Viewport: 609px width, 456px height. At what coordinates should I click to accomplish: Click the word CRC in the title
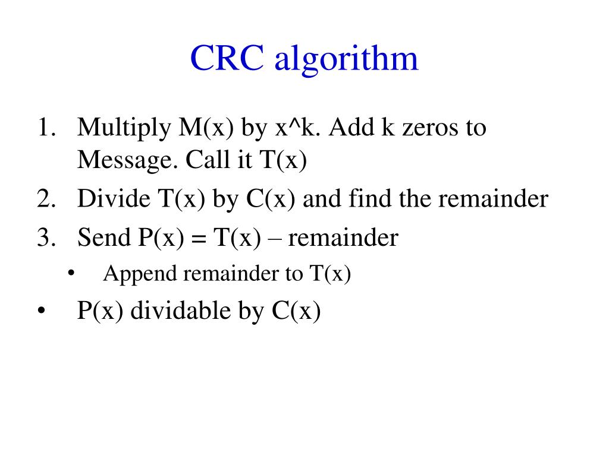coord(227,59)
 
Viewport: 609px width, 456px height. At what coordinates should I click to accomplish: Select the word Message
coord(124,160)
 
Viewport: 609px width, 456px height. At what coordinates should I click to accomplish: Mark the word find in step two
coord(368,199)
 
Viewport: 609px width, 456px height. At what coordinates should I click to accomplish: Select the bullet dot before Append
coord(71,274)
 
